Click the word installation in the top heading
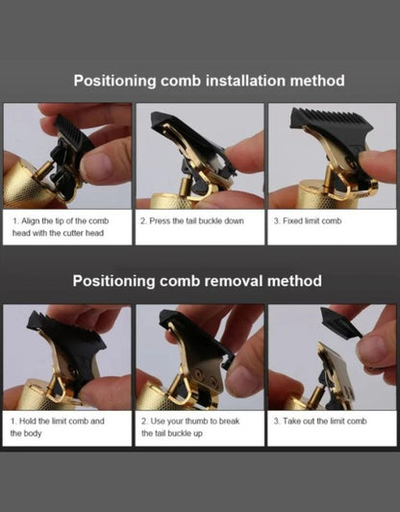pos(245,80)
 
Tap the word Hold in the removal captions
pos(28,422)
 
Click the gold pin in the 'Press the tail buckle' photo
pos(186,187)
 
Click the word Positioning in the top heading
pos(114,81)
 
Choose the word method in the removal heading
pos(294,281)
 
